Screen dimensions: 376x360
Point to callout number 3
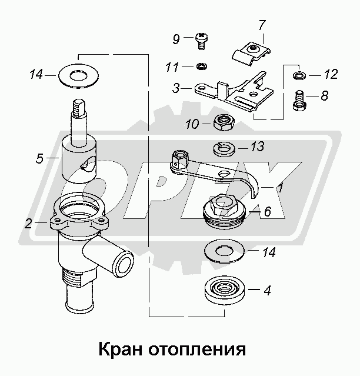pyautogui.click(x=176, y=89)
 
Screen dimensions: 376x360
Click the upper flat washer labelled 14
pyautogui.click(x=76, y=74)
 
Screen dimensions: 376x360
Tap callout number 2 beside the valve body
pyautogui.click(x=28, y=224)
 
